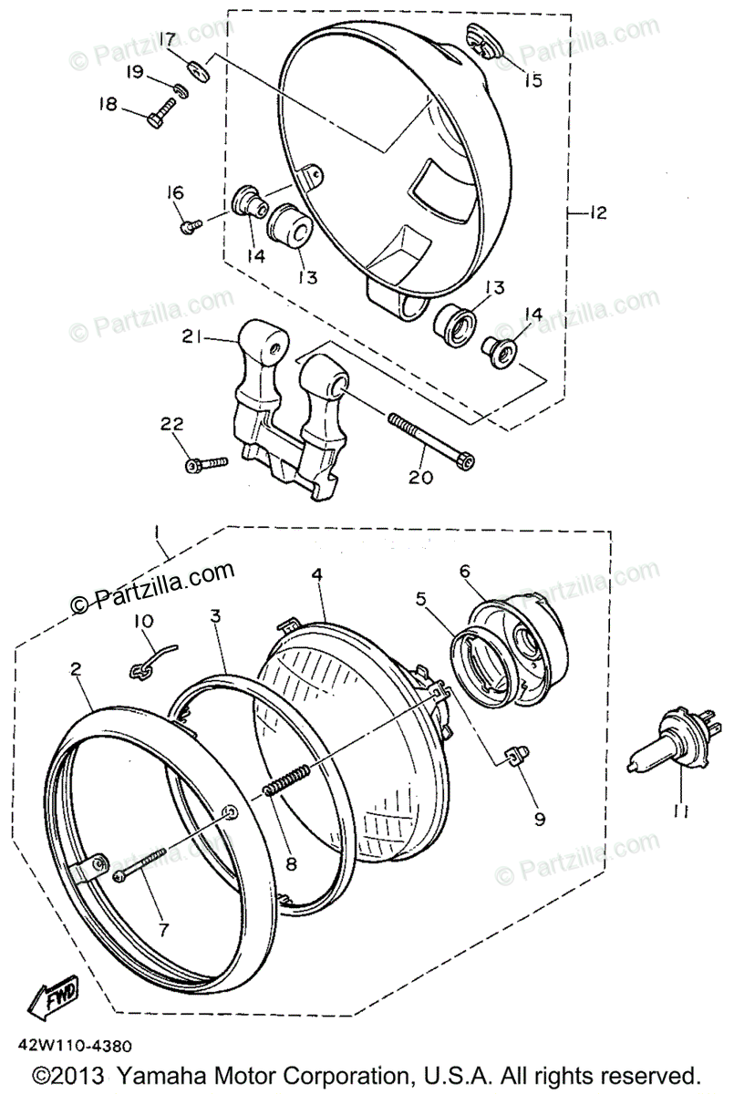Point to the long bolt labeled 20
click(429, 442)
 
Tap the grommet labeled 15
click(481, 41)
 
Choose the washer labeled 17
click(199, 69)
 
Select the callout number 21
click(190, 337)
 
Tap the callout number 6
click(464, 571)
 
